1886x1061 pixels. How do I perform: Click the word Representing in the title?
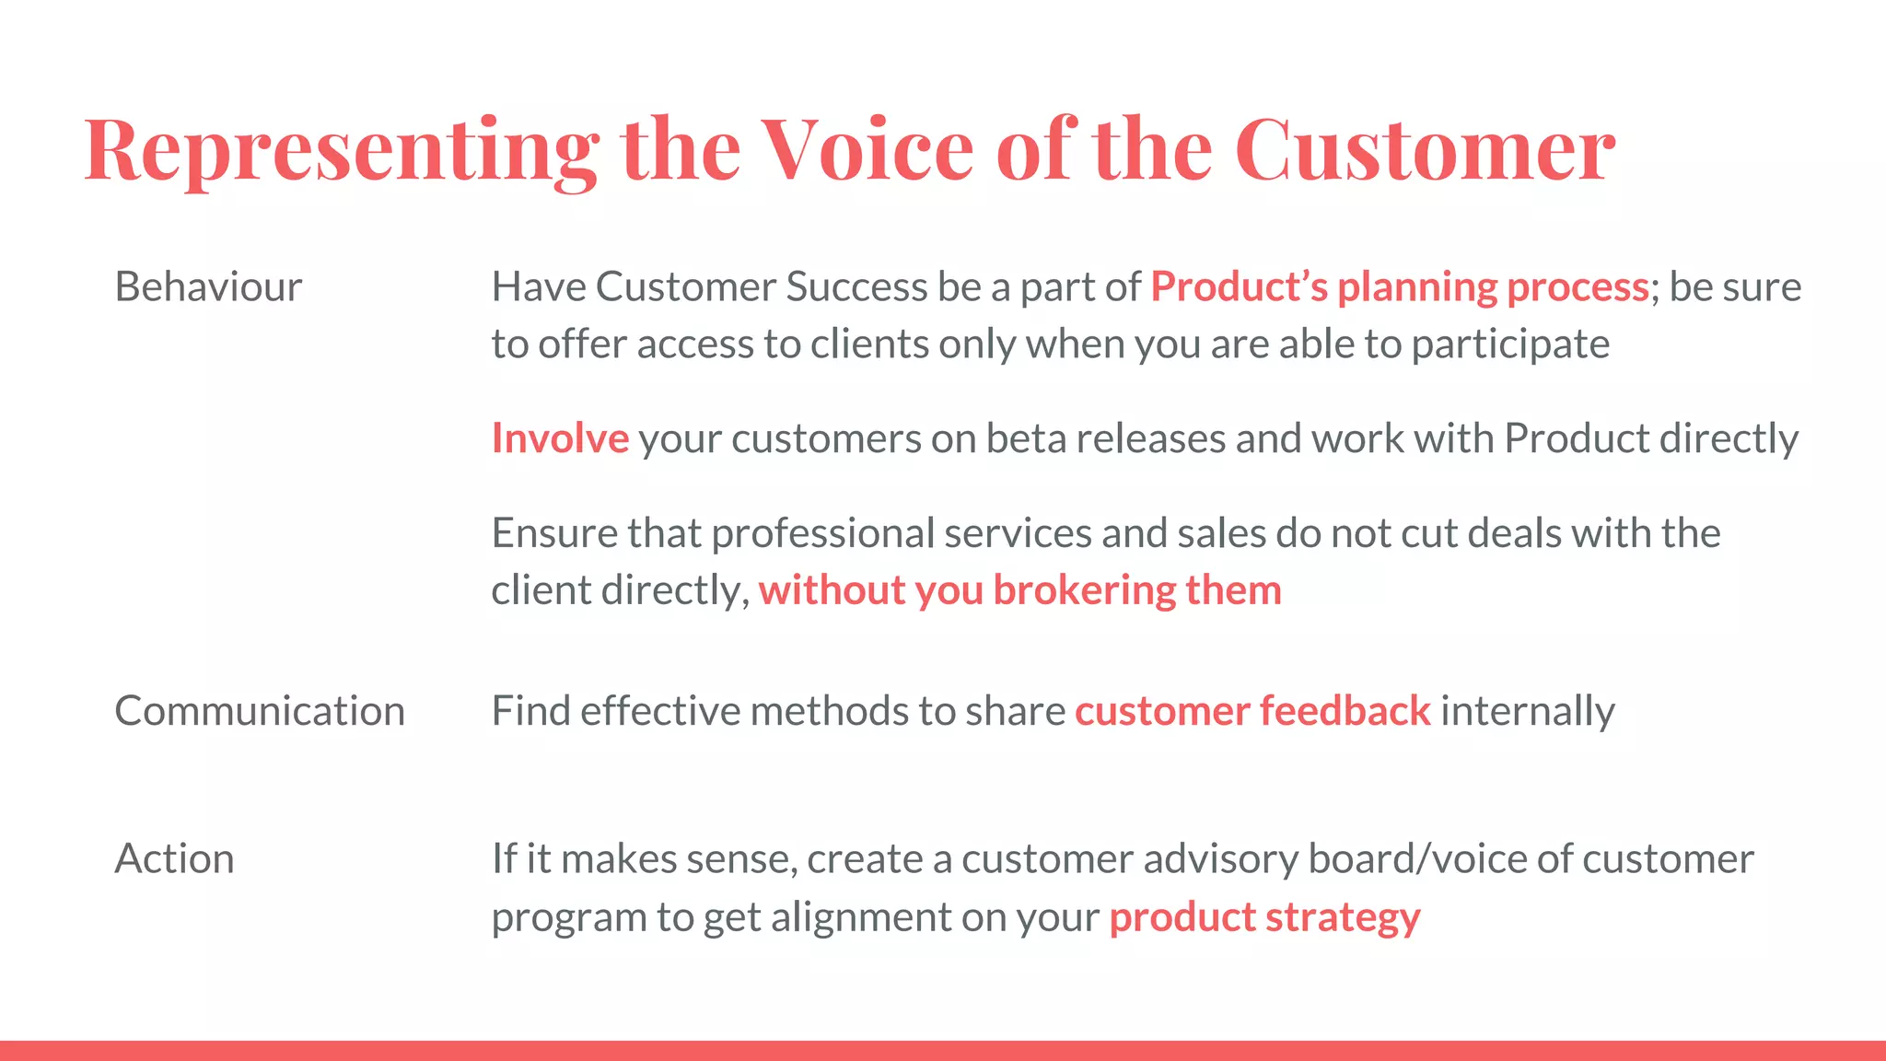pos(341,150)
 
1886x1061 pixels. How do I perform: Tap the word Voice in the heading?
pos(867,150)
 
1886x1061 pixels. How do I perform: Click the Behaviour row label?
pos(208,287)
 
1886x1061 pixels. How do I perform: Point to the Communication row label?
pos(260,711)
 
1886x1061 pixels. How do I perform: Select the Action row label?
pos(174,859)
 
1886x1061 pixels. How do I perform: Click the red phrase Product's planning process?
pos(1399,287)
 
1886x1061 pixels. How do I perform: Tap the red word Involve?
pos(560,438)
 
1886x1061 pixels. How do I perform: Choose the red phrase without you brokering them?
pos(1019,590)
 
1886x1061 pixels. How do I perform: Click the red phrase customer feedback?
pos(1252,711)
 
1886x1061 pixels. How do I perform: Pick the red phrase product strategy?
pos(1264,917)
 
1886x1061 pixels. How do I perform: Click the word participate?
pos(1510,344)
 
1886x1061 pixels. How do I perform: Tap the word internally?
pos(1527,711)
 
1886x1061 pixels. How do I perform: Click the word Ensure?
pos(553,533)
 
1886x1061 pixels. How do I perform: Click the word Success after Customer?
pos(856,287)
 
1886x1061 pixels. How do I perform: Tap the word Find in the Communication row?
pos(530,711)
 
